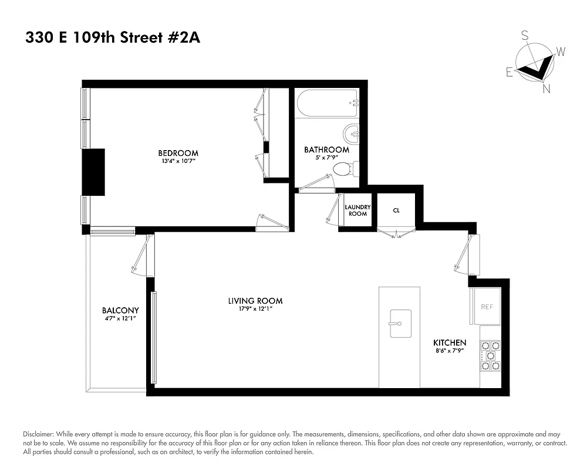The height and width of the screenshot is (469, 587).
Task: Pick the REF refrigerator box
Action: [487, 306]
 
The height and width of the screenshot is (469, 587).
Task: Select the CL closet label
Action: [396, 210]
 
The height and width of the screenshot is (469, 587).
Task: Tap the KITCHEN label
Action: [450, 342]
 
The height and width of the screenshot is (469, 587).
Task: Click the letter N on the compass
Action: [546, 89]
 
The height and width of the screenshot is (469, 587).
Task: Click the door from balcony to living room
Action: [141, 258]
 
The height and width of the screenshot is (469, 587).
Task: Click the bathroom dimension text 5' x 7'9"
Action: [326, 158]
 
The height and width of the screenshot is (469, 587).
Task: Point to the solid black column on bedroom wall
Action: [93, 172]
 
